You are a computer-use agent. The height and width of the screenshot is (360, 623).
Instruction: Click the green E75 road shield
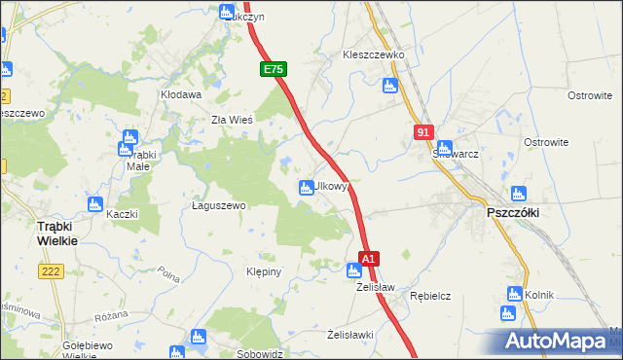[273, 70]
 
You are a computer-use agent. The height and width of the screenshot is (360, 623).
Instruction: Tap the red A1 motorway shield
[369, 260]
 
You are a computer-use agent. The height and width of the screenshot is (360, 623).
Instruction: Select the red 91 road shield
[422, 131]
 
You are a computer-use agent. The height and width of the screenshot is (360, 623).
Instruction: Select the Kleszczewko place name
[373, 55]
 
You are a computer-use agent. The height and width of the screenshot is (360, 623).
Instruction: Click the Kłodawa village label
[180, 95]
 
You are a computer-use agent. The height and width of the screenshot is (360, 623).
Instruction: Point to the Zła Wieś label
[233, 120]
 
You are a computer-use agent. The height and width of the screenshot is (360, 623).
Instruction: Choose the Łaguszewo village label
[218, 206]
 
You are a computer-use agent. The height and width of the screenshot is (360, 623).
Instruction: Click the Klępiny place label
[264, 271]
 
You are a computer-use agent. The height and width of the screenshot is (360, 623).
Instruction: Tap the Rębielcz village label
[429, 295]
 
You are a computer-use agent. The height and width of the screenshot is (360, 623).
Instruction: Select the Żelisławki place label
[350, 335]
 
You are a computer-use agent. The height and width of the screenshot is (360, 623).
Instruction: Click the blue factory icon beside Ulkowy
[306, 187]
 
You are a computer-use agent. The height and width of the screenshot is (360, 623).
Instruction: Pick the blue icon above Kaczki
[95, 204]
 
